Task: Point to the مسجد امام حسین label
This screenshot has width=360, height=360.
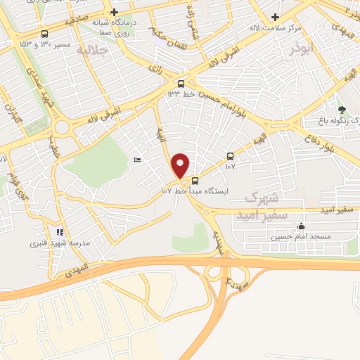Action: coord(302,237)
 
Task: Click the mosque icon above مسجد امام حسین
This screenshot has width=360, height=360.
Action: coord(302,226)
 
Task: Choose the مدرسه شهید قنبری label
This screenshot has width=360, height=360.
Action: coord(53,243)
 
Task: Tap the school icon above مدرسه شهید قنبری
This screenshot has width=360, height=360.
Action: coord(60,231)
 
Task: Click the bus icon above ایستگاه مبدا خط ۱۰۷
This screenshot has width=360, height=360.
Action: coord(195,179)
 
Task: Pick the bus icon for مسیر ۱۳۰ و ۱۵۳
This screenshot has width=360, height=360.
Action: coord(46,34)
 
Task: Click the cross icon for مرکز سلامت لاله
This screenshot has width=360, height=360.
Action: coord(275,18)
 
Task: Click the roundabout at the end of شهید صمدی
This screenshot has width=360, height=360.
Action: coord(62,128)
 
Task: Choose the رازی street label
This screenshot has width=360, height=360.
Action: coord(156,70)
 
